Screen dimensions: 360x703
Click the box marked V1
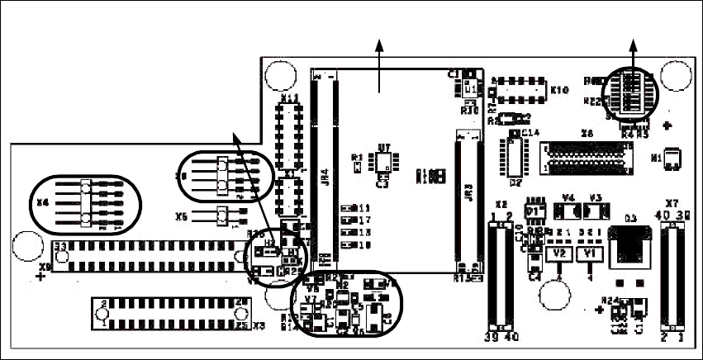[589, 253]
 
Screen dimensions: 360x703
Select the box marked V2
[559, 253]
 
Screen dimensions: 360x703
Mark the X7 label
[672, 203]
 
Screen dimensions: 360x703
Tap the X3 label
[259, 326]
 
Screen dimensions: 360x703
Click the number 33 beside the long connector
[60, 247]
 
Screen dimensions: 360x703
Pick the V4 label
[568, 197]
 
